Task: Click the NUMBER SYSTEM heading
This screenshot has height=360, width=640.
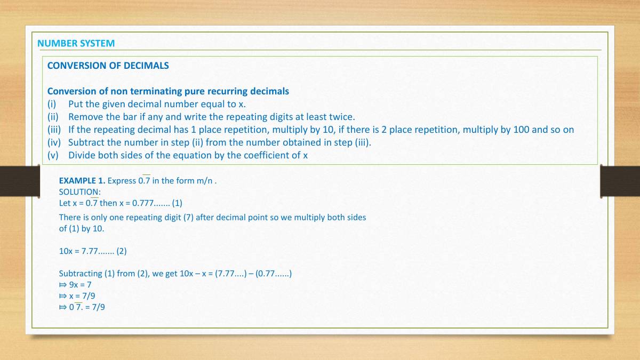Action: pyautogui.click(x=76, y=43)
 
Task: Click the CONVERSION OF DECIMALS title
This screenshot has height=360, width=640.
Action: pyautogui.click(x=108, y=66)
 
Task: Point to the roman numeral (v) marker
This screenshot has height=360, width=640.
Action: pyautogui.click(x=53, y=155)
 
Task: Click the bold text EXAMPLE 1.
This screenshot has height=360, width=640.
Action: pyautogui.click(x=82, y=181)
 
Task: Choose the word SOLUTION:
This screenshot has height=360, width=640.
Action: pyautogui.click(x=79, y=192)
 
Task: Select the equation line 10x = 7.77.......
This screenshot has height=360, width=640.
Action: pyautogui.click(x=92, y=251)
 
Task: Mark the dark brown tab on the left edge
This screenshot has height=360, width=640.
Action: pyautogui.click(x=20, y=181)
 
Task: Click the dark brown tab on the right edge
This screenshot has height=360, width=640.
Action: pyautogui.click(x=620, y=181)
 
